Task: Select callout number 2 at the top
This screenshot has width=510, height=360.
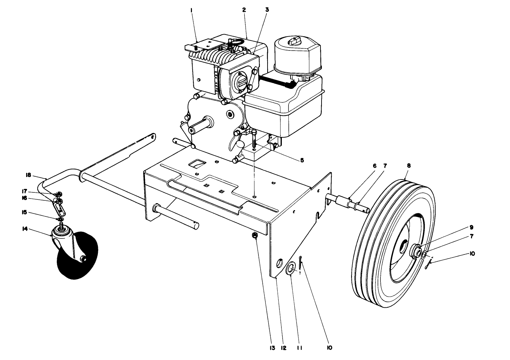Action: point(244,10)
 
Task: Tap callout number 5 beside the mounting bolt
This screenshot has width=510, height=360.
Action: point(302,160)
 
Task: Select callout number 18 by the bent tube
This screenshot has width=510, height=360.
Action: point(29,175)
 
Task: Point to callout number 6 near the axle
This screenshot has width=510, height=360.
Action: point(374,166)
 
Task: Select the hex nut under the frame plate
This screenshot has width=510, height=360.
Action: point(255,236)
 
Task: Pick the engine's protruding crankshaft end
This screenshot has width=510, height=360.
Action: point(192,130)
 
